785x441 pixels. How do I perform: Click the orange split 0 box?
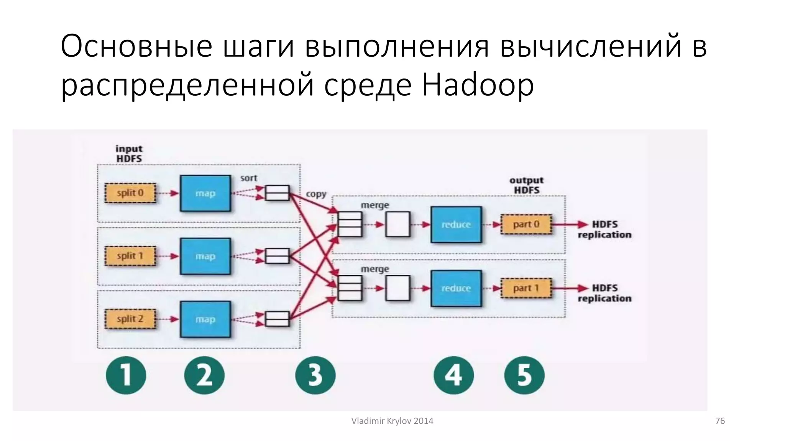pyautogui.click(x=130, y=193)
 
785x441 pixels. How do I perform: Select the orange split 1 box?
pyautogui.click(x=130, y=256)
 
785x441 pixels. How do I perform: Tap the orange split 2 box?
pyautogui.click(x=130, y=319)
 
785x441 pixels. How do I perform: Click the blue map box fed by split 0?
pyautogui.click(x=205, y=193)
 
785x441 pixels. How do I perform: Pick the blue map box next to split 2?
pyautogui.click(x=205, y=319)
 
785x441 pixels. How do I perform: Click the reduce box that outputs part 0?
pyautogui.click(x=456, y=225)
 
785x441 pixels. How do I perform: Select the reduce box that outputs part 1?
pyautogui.click(x=456, y=288)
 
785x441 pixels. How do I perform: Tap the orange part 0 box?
pyautogui.click(x=526, y=224)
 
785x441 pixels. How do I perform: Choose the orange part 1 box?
pyautogui.click(x=526, y=288)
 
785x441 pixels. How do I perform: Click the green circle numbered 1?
pyautogui.click(x=126, y=375)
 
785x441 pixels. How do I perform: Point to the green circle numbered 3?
pyautogui.click(x=315, y=375)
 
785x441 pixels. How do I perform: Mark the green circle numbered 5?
pyautogui.click(x=524, y=375)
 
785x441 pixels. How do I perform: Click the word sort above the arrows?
pyautogui.click(x=248, y=178)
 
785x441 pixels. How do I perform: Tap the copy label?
pyautogui.click(x=316, y=194)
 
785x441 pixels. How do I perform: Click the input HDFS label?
pyautogui.click(x=129, y=154)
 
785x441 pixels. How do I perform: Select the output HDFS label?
pyautogui.click(x=526, y=185)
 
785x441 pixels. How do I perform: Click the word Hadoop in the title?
pyautogui.click(x=478, y=85)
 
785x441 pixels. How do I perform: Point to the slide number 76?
pyautogui.click(x=720, y=421)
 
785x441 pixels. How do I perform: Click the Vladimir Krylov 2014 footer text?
pyautogui.click(x=392, y=421)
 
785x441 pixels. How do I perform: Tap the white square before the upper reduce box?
pyautogui.click(x=397, y=224)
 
